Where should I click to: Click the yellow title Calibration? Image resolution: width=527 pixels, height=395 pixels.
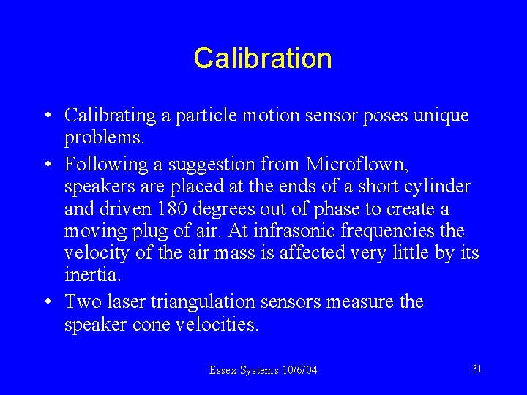point(263,58)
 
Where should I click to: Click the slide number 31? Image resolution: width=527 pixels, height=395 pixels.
point(476,369)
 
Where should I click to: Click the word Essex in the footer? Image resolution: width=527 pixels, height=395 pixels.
point(223,371)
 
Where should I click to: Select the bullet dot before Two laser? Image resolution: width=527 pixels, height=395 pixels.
point(47,302)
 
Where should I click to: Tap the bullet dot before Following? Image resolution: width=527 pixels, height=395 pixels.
point(47,162)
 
